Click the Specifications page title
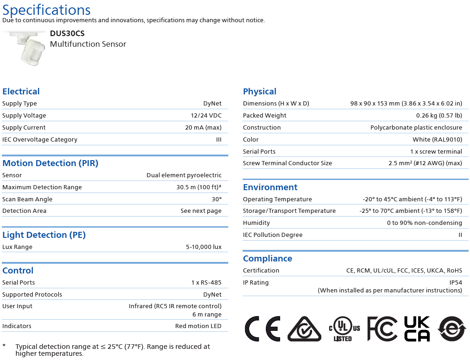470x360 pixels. (x=46, y=10)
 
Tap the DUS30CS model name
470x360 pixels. (x=67, y=33)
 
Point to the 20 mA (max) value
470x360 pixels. (x=203, y=128)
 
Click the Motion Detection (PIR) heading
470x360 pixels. (x=50, y=163)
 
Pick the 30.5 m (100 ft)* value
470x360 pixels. (x=199, y=187)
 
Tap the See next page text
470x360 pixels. (x=201, y=211)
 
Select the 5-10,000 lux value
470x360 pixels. (x=204, y=247)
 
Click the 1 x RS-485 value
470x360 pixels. (x=207, y=283)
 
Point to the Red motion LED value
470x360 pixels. (x=198, y=326)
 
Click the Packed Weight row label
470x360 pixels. (x=264, y=116)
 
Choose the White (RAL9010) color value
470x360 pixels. (x=437, y=140)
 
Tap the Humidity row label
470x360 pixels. (x=256, y=223)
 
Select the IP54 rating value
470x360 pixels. (x=456, y=283)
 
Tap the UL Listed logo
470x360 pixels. (x=344, y=329)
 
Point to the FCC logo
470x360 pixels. (x=382, y=329)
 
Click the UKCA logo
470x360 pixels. (x=417, y=329)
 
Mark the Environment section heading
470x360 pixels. (x=270, y=187)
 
